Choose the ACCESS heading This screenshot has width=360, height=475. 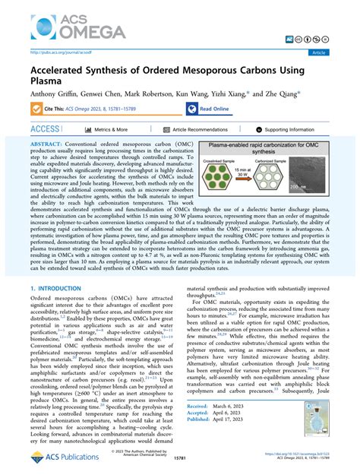pos(45,130)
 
